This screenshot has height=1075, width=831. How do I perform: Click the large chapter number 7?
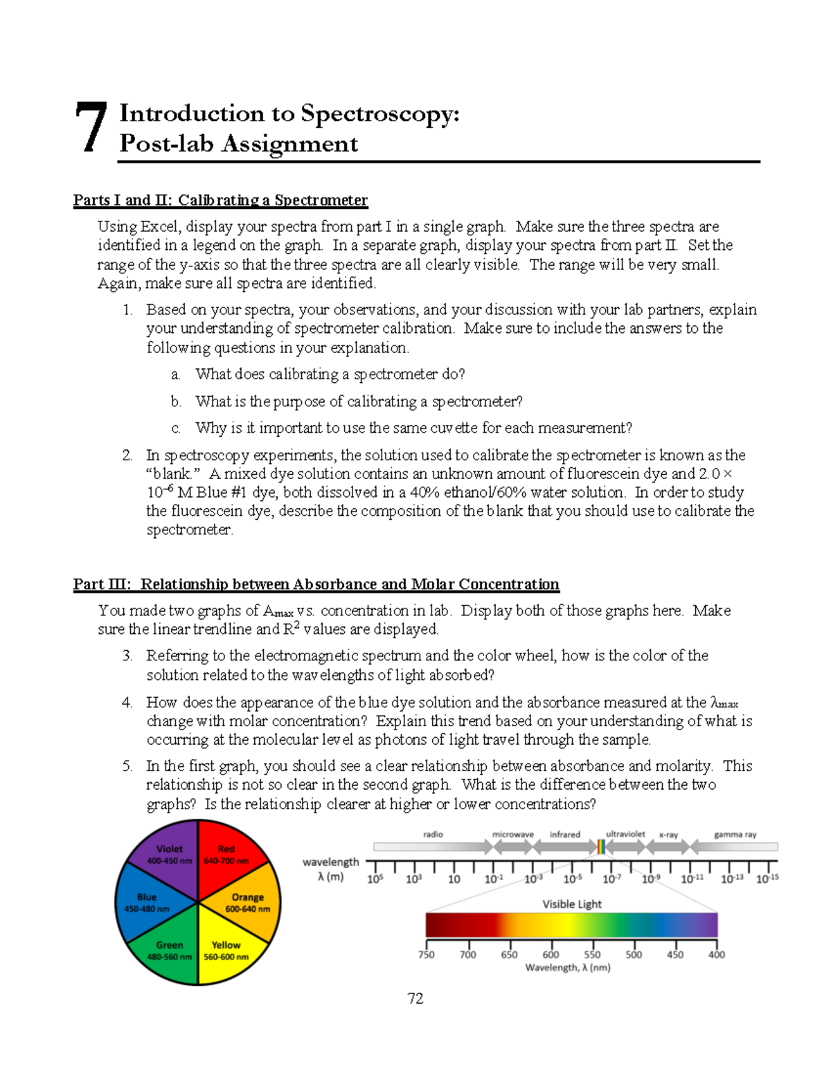tap(91, 127)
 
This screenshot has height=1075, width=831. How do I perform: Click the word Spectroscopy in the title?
tap(379, 114)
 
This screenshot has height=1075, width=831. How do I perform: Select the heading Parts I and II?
tap(220, 201)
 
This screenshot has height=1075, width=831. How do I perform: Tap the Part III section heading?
tap(316, 584)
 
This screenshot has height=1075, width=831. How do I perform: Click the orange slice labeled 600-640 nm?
tap(247, 903)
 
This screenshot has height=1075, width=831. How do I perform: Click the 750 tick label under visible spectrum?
tap(427, 955)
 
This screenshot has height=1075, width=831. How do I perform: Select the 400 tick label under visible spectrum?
tap(717, 955)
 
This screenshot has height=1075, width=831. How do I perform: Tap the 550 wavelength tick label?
tap(592, 955)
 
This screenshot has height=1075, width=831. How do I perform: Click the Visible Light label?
tap(572, 904)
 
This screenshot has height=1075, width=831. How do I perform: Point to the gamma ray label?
tap(735, 835)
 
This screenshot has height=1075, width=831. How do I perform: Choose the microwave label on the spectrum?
tap(512, 835)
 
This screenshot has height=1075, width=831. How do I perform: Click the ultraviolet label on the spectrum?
tap(625, 834)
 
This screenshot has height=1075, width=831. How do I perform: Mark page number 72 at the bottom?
tap(415, 998)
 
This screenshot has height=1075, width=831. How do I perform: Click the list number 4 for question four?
tap(127, 703)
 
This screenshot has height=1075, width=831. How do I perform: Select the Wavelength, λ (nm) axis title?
tap(568, 968)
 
